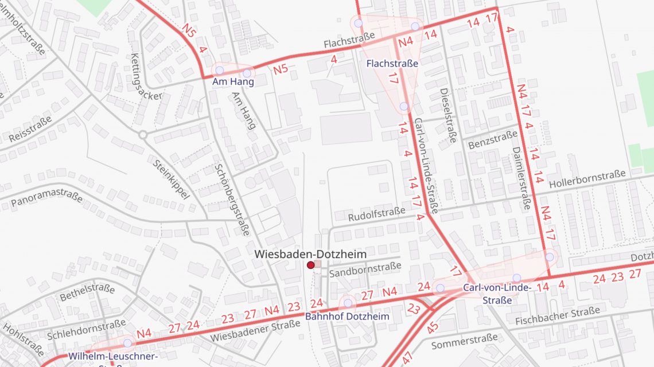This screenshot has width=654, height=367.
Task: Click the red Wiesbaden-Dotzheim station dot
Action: tap(310, 265)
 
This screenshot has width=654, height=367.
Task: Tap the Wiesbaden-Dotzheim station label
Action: tap(310, 253)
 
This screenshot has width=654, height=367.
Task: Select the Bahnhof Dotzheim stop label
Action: tap(347, 317)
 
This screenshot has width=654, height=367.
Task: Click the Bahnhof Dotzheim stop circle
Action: tap(348, 303)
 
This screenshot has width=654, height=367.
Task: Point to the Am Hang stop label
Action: tap(232, 83)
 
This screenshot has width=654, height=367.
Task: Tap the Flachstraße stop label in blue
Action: tap(392, 63)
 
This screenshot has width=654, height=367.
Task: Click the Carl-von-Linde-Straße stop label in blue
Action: tap(497, 294)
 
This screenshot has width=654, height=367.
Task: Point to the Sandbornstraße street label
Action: tap(365, 268)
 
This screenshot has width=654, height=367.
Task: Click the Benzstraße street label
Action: tap(493, 139)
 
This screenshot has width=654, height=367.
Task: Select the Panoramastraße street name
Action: tap(46, 201)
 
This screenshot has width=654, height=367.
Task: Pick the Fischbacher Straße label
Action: tap(557, 316)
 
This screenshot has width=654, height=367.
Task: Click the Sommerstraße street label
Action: tap(464, 342)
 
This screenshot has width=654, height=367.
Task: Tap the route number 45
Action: tap(433, 327)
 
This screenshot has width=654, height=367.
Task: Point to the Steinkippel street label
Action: tap(171, 179)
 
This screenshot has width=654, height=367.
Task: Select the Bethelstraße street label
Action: tap(87, 291)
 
